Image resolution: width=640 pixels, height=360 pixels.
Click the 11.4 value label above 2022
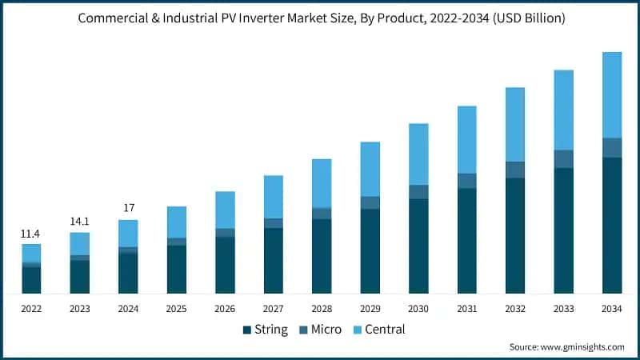click(x=31, y=234)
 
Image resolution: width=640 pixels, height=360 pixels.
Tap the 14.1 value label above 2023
click(x=79, y=222)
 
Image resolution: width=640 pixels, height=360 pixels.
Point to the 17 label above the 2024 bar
click(x=128, y=208)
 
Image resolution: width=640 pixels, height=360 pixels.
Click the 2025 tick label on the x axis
click(x=177, y=309)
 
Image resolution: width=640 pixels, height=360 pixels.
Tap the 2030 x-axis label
click(x=418, y=309)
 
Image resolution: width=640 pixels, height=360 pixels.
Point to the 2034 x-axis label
click(x=612, y=309)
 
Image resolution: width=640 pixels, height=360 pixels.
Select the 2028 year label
click(x=322, y=309)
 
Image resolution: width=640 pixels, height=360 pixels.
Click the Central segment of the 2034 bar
click(x=612, y=94)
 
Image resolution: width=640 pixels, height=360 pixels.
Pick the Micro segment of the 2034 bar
click(x=612, y=148)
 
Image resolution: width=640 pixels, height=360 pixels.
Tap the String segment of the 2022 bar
click(x=31, y=280)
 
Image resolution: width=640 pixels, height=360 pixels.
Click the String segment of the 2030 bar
click(x=418, y=246)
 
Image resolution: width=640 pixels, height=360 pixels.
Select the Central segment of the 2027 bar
click(x=274, y=196)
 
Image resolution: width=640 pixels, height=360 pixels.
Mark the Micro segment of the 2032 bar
click(x=515, y=170)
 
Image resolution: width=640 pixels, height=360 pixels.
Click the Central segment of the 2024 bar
click(x=128, y=234)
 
